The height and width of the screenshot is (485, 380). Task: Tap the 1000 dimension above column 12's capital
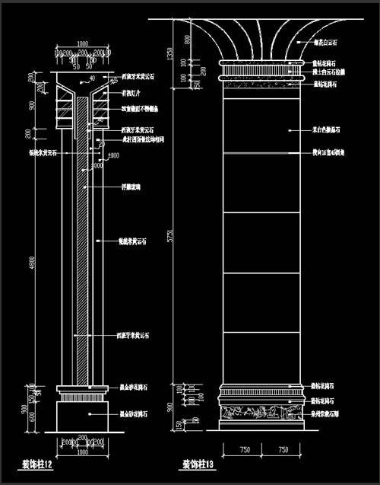tap(82, 43)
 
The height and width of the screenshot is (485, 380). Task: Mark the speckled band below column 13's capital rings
tap(258, 85)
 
